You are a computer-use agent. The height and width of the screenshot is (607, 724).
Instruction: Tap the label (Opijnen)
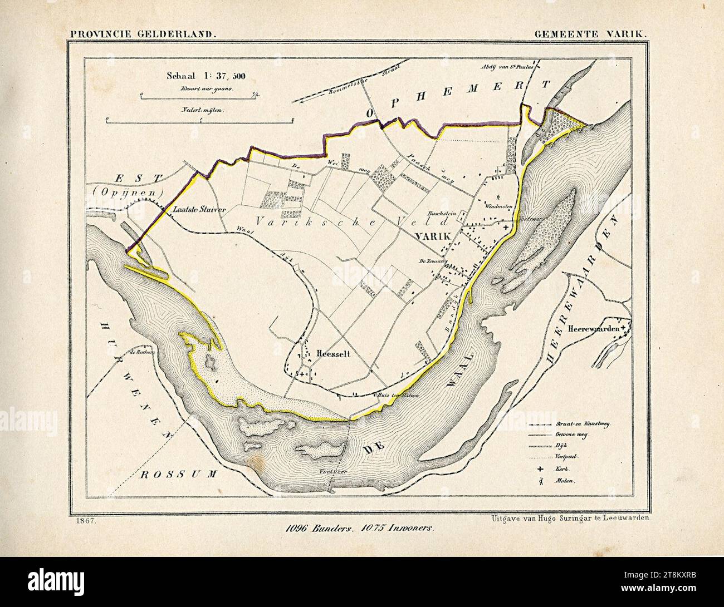(128, 193)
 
